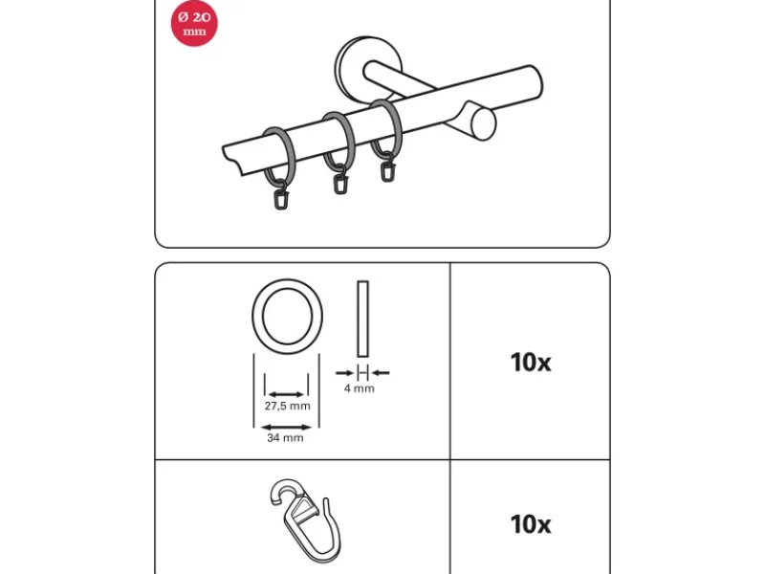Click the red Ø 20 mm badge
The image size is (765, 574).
tap(194, 23)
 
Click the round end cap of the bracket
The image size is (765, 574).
tap(483, 124)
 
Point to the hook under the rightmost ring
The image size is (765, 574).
tap(387, 167)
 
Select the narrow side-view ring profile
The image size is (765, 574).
tap(362, 319)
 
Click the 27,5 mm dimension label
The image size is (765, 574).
tap(288, 406)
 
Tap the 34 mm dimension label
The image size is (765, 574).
tap(285, 438)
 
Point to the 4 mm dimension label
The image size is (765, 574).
tap(360, 388)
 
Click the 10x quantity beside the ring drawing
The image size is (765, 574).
tap(531, 363)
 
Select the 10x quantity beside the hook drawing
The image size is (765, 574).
tap(531, 524)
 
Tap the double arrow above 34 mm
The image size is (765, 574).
tap(286, 428)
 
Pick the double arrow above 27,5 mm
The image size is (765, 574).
tap(286, 394)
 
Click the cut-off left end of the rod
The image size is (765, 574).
tap(231, 159)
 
